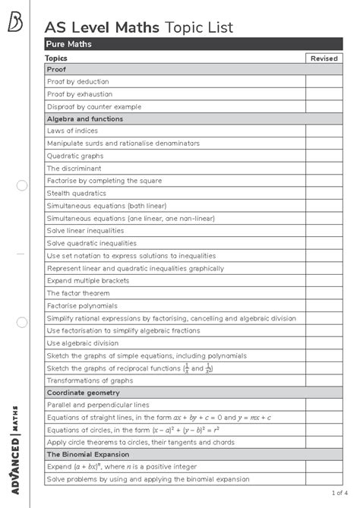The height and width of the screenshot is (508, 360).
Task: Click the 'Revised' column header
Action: pyautogui.click(x=324, y=58)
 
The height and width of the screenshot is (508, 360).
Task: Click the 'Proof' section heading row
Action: pyautogui.click(x=57, y=69)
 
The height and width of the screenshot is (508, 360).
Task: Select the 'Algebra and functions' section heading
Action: pyautogui.click(x=85, y=118)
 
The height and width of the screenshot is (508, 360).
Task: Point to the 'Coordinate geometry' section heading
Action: pyautogui.click(x=84, y=393)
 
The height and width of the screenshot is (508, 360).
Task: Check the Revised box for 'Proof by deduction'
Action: pyautogui.click(x=324, y=82)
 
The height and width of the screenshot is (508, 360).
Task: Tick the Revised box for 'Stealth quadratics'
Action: pyautogui.click(x=324, y=193)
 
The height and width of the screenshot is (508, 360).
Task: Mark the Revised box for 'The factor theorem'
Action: pyautogui.click(x=324, y=292)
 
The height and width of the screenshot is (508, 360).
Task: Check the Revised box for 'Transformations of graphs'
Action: pyautogui.click(x=324, y=380)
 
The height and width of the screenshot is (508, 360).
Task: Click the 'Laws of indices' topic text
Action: pyautogui.click(x=71, y=131)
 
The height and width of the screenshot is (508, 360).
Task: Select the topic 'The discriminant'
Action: pyautogui.click(x=74, y=168)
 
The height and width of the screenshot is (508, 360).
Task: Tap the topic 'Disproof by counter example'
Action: pyautogui.click(x=94, y=106)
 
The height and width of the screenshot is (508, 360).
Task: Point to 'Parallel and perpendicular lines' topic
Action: pyautogui.click(x=98, y=405)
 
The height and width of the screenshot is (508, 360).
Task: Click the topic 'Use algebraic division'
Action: pyautogui.click(x=83, y=342)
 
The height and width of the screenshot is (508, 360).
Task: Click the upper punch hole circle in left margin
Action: pyautogui.click(x=21, y=185)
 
